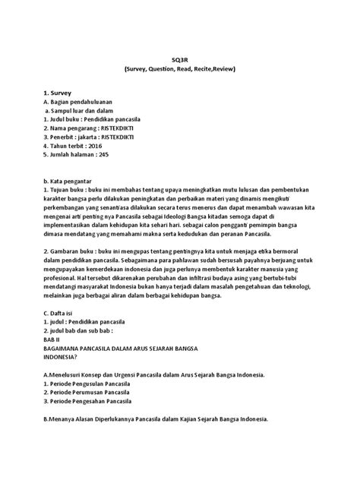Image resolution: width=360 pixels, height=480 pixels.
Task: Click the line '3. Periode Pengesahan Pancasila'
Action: [x=94, y=402]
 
